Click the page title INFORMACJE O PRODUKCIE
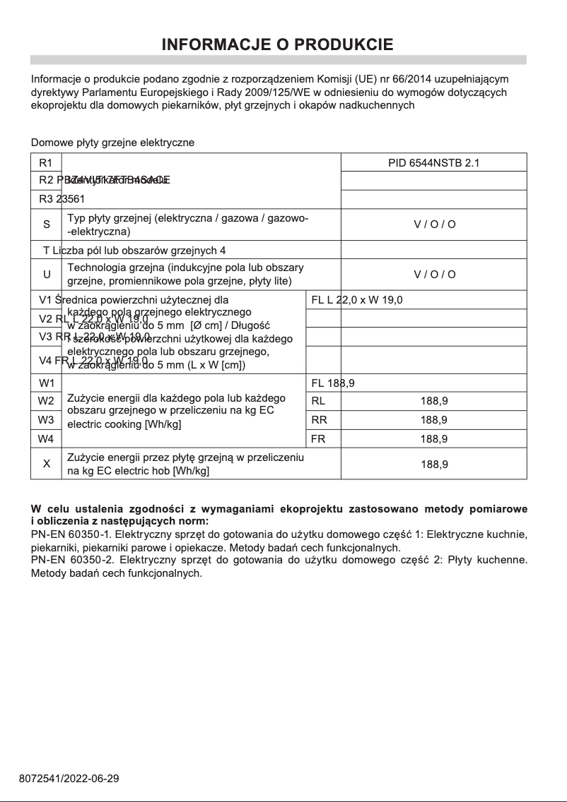click(278, 45)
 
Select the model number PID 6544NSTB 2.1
click(433, 162)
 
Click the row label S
click(47, 225)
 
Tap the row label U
click(47, 274)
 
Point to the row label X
click(47, 464)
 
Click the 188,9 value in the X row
click(433, 465)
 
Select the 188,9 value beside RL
click(433, 401)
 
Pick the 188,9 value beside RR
click(433, 420)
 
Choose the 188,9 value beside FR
click(433, 438)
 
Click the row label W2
click(47, 401)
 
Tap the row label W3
click(47, 420)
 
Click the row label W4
click(47, 438)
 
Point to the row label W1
click(47, 383)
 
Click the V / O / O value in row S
click(434, 225)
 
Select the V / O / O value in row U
click(434, 274)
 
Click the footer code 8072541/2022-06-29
click(69, 779)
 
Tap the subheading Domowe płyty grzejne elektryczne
click(112, 143)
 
